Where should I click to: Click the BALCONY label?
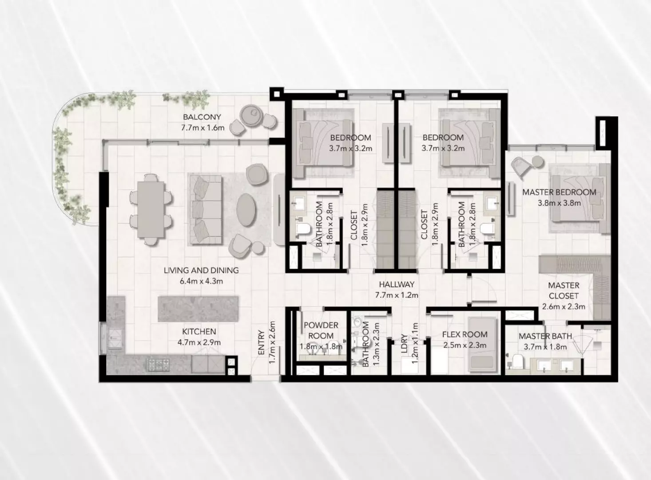tap(202, 117)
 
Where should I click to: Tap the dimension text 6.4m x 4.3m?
tap(201, 281)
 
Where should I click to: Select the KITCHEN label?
tap(199, 332)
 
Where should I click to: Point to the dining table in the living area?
tap(151, 209)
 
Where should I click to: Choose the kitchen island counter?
tap(198, 309)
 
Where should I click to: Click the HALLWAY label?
tap(397, 284)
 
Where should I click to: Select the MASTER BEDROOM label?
tap(559, 192)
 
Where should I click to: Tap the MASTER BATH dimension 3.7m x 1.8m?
tap(545, 347)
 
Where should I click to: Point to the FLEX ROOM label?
tap(464, 335)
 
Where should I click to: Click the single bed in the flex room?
tap(482, 344)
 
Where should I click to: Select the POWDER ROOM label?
tap(321, 330)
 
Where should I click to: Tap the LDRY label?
tap(404, 344)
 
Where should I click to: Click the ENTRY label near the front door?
tap(261, 342)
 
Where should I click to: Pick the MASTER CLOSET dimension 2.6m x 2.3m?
tap(564, 307)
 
